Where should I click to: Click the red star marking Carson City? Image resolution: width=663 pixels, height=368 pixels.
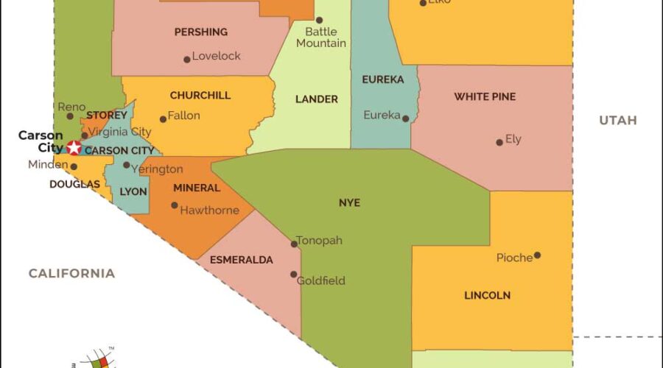[x=74, y=148]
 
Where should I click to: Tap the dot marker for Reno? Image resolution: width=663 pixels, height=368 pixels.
[x=70, y=116]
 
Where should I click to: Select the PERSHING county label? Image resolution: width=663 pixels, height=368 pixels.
[x=200, y=32]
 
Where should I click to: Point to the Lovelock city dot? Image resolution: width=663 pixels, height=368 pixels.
[x=186, y=60]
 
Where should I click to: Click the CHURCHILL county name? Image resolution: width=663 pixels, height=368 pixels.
[x=200, y=96]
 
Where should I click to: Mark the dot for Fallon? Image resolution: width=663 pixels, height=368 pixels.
[x=163, y=119]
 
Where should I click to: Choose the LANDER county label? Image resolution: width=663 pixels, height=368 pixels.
[x=317, y=99]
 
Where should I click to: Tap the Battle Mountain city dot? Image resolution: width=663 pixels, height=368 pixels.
[x=320, y=21]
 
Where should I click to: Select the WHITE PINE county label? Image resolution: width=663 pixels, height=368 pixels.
[x=485, y=97]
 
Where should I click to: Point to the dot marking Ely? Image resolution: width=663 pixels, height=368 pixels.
[x=499, y=142]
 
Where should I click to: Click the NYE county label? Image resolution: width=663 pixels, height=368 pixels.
[x=350, y=202]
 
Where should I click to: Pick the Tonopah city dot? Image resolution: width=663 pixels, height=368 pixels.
[x=294, y=244]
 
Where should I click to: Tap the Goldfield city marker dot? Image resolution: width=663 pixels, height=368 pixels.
[x=294, y=275]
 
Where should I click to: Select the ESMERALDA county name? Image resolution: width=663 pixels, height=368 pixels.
[x=242, y=260]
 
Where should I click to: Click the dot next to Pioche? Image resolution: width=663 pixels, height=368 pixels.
[x=537, y=255]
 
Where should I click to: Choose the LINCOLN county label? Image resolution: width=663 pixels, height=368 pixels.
[x=487, y=296]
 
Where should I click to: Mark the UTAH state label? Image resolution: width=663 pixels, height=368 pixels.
[x=617, y=121]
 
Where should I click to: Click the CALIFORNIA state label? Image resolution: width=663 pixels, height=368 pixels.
[x=71, y=274]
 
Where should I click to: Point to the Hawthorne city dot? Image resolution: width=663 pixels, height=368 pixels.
[x=175, y=205]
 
